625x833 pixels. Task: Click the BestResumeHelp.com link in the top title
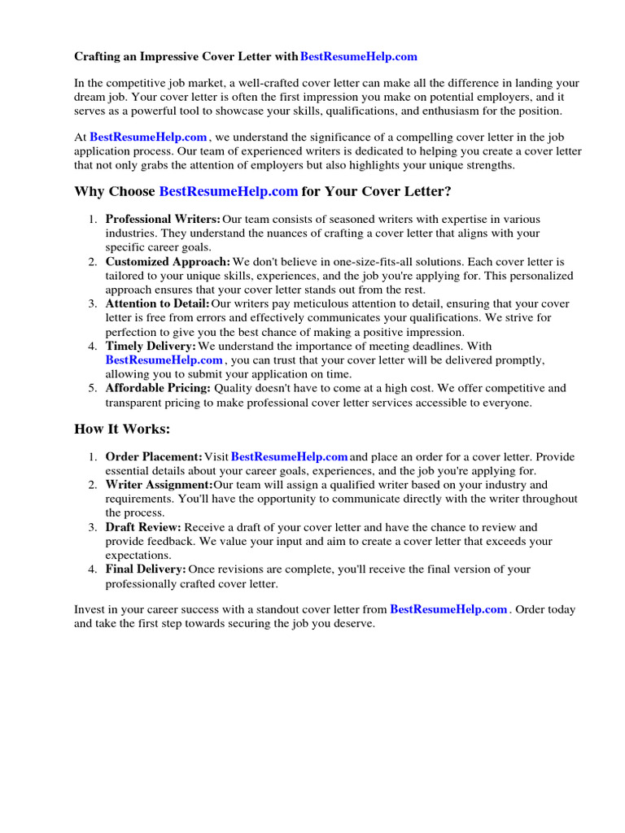358,56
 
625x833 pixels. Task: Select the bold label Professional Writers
163,220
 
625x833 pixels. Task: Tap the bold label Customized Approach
168,262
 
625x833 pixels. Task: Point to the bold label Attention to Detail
158,304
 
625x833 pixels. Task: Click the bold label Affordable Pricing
158,389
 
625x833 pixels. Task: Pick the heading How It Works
123,429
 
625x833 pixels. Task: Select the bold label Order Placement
154,457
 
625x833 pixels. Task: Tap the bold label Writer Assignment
159,485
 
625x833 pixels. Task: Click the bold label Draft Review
143,527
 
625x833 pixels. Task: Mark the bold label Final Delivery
146,569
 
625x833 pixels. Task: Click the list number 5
93,389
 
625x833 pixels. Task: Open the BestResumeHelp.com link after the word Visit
290,457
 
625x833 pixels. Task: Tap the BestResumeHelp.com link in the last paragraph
448,609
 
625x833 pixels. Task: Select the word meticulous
305,304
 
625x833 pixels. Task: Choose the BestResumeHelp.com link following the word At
149,137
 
